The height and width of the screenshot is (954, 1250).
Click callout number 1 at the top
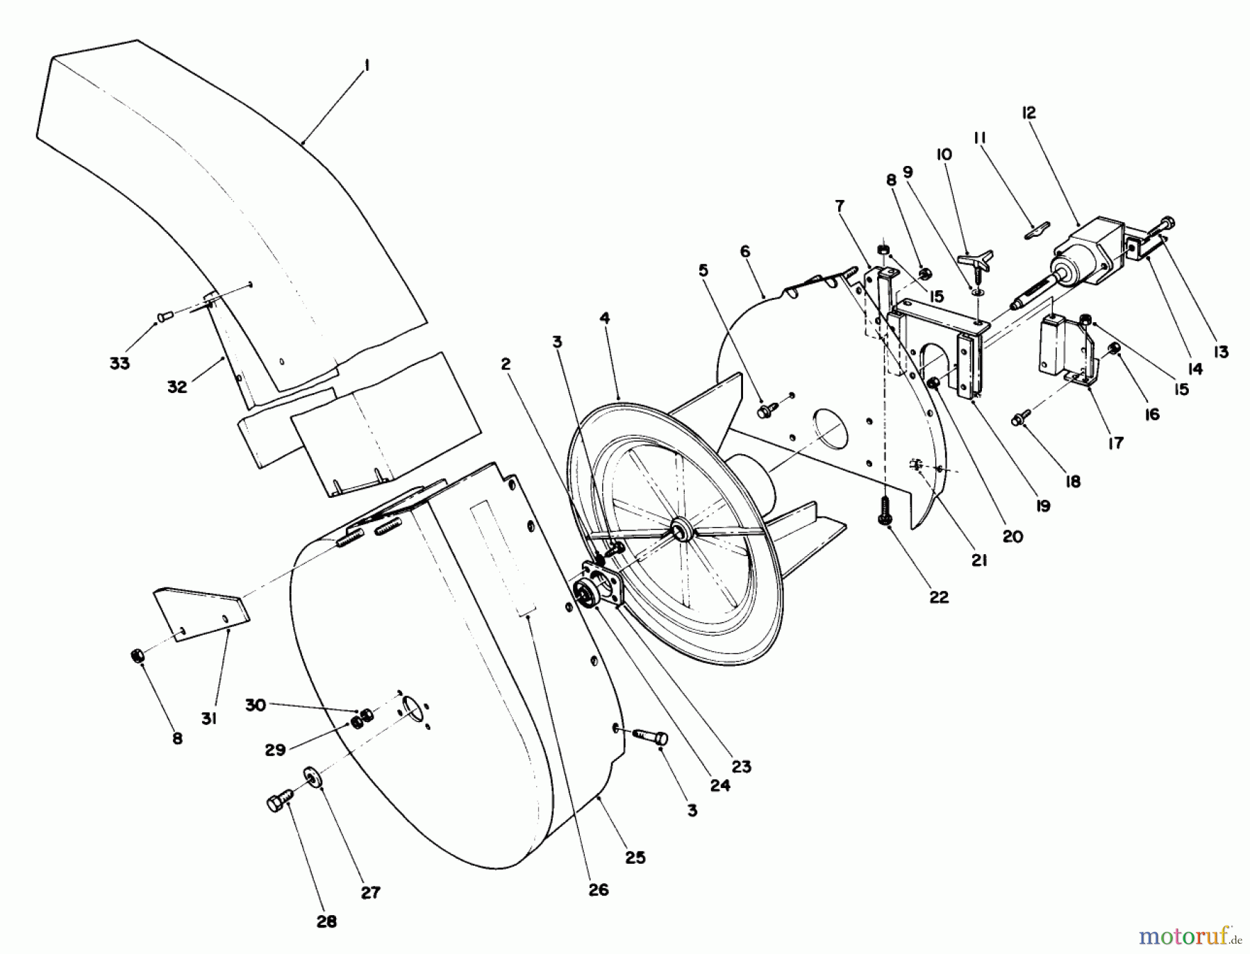(366, 65)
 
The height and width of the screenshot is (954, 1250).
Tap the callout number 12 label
(1028, 112)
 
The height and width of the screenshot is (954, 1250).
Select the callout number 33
(119, 362)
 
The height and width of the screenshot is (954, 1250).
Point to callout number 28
(326, 921)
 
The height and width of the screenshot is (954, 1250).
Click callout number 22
(938, 596)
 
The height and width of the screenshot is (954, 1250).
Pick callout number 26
(598, 889)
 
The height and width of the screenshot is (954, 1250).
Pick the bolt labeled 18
(1021, 418)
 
